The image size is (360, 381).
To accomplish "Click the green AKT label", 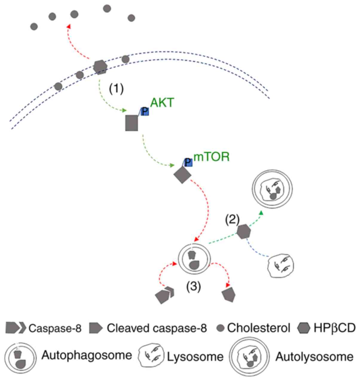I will tap(162, 103).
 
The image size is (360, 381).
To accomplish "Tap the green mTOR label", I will tap(212, 157).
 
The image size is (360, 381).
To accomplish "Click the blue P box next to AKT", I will tap(145, 111).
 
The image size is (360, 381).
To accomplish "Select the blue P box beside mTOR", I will tap(188, 162).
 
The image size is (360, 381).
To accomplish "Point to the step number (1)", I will tap(116, 89).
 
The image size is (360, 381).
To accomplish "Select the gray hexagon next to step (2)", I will tap(244, 231).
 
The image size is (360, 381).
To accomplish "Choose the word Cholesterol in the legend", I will tap(258, 328).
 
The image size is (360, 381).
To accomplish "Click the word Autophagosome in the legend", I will tap(87, 355).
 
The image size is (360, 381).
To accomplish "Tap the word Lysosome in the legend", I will tap(195, 356).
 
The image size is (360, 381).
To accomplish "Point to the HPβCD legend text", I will tap(334, 328).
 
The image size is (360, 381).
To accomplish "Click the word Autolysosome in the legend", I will tap(314, 356).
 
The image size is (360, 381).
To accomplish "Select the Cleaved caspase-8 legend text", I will tap(157, 328).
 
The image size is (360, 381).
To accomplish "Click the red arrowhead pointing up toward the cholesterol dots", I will tap(68, 26).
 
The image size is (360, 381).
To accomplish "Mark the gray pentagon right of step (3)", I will tap(229, 295).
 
